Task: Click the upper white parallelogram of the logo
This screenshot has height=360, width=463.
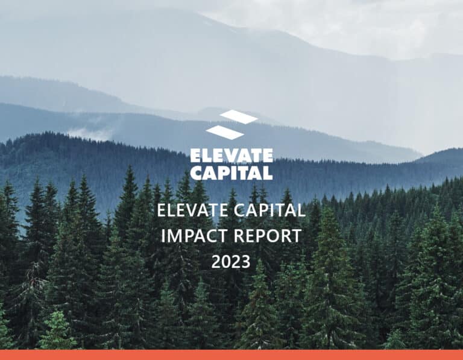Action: point(239,116)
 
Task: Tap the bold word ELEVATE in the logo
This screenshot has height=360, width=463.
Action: point(231,156)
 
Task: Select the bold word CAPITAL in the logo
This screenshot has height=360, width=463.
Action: point(231,172)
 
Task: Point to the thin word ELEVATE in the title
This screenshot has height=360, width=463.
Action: point(192,211)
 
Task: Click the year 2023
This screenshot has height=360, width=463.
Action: point(231,261)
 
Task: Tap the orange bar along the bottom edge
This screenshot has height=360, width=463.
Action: point(231,355)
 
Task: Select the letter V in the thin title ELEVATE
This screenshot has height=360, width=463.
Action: point(192,211)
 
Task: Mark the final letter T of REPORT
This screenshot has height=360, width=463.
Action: point(296,236)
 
